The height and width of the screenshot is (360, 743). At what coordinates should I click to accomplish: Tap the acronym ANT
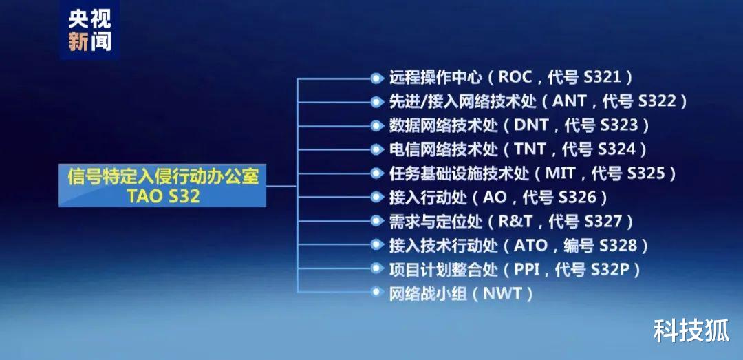pyautogui.click(x=568, y=100)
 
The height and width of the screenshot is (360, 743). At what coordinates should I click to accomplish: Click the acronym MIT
pyautogui.click(x=560, y=173)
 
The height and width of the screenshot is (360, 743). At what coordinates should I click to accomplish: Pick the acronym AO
pyautogui.click(x=494, y=197)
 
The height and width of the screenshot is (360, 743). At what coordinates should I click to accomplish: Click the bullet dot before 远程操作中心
pyautogui.click(x=376, y=77)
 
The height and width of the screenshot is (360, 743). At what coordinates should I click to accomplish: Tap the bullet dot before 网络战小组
pyautogui.click(x=376, y=293)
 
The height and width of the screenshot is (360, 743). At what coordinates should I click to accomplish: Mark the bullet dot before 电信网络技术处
pyautogui.click(x=376, y=149)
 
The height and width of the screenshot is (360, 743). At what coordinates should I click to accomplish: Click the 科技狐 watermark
pyautogui.click(x=691, y=331)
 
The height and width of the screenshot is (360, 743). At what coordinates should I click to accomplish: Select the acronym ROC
pyautogui.click(x=520, y=76)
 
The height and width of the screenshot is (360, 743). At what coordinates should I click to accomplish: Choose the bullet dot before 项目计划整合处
pyautogui.click(x=376, y=269)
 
